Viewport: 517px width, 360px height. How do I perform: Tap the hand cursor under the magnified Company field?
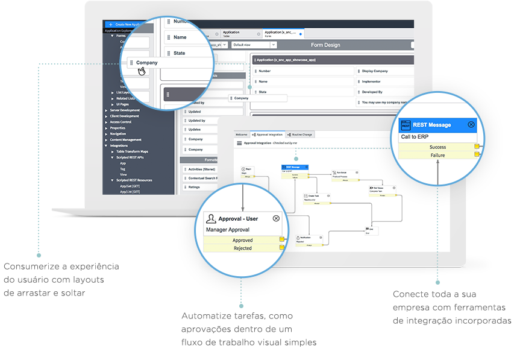click(142, 71)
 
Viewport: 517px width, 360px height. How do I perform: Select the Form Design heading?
click(325, 45)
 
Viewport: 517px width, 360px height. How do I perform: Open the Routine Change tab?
click(300, 134)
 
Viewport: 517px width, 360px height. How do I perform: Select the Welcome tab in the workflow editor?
click(242, 134)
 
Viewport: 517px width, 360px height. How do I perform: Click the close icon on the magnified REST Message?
click(471, 124)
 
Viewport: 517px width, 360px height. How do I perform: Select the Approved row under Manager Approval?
click(243, 240)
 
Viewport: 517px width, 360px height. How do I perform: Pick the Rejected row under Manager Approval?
click(243, 248)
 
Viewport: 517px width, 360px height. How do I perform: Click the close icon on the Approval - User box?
click(276, 218)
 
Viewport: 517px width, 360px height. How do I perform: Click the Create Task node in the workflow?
click(313, 197)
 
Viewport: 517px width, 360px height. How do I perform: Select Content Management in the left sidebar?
click(125, 139)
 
